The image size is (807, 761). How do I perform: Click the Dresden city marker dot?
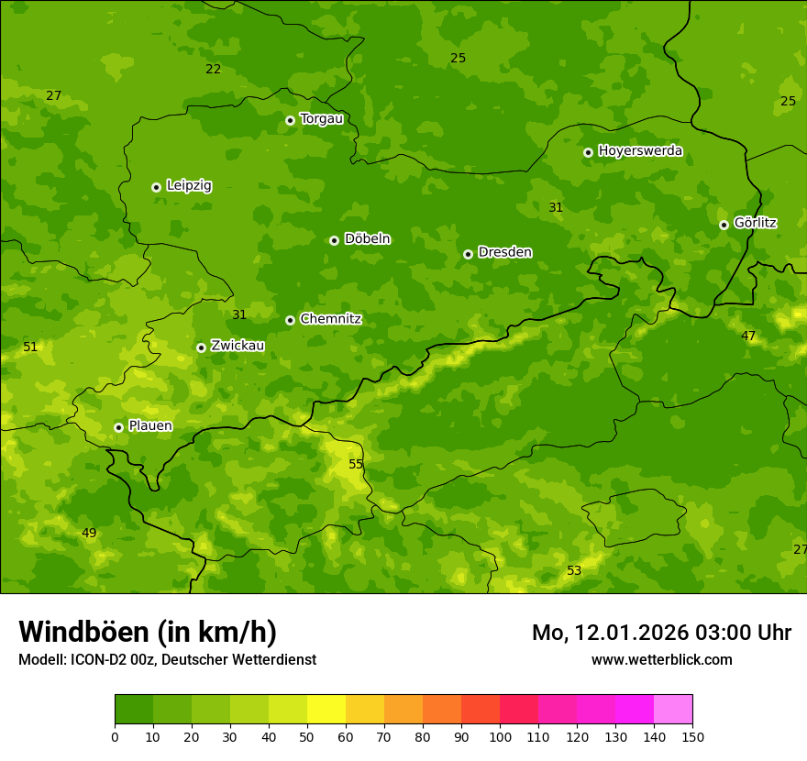pos(468,254)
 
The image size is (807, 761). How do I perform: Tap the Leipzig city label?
pos(189,186)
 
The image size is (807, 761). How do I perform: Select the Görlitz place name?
pos(756,223)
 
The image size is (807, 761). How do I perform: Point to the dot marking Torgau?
pos(290,120)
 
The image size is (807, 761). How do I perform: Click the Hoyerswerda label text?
pos(640,151)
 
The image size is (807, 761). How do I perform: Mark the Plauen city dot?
pos(118,427)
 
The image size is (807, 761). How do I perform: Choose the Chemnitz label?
pos(330,319)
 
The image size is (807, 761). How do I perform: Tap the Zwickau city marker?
pos(201,347)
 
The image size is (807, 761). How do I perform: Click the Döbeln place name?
pos(367,239)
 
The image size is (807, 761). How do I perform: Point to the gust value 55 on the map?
pos(356,465)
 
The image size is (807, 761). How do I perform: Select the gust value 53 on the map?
pos(574,571)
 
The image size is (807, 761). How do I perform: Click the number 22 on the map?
pos(213,70)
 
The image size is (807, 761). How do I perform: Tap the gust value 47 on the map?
pos(748,336)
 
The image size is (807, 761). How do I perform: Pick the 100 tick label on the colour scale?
pos(500,736)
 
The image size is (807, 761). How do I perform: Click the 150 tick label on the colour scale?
pos(692,736)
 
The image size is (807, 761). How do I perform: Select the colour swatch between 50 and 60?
pos(326,710)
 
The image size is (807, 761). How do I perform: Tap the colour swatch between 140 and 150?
pos(673,710)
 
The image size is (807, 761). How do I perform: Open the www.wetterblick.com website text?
pos(661,660)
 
